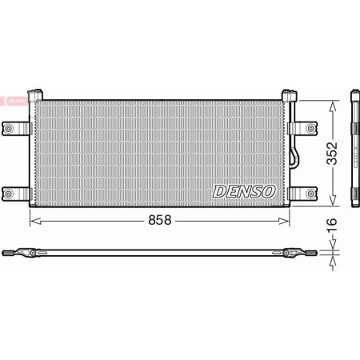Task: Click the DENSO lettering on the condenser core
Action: click(244, 192)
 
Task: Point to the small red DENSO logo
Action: click(14, 100)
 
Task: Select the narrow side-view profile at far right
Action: click(354, 152)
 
